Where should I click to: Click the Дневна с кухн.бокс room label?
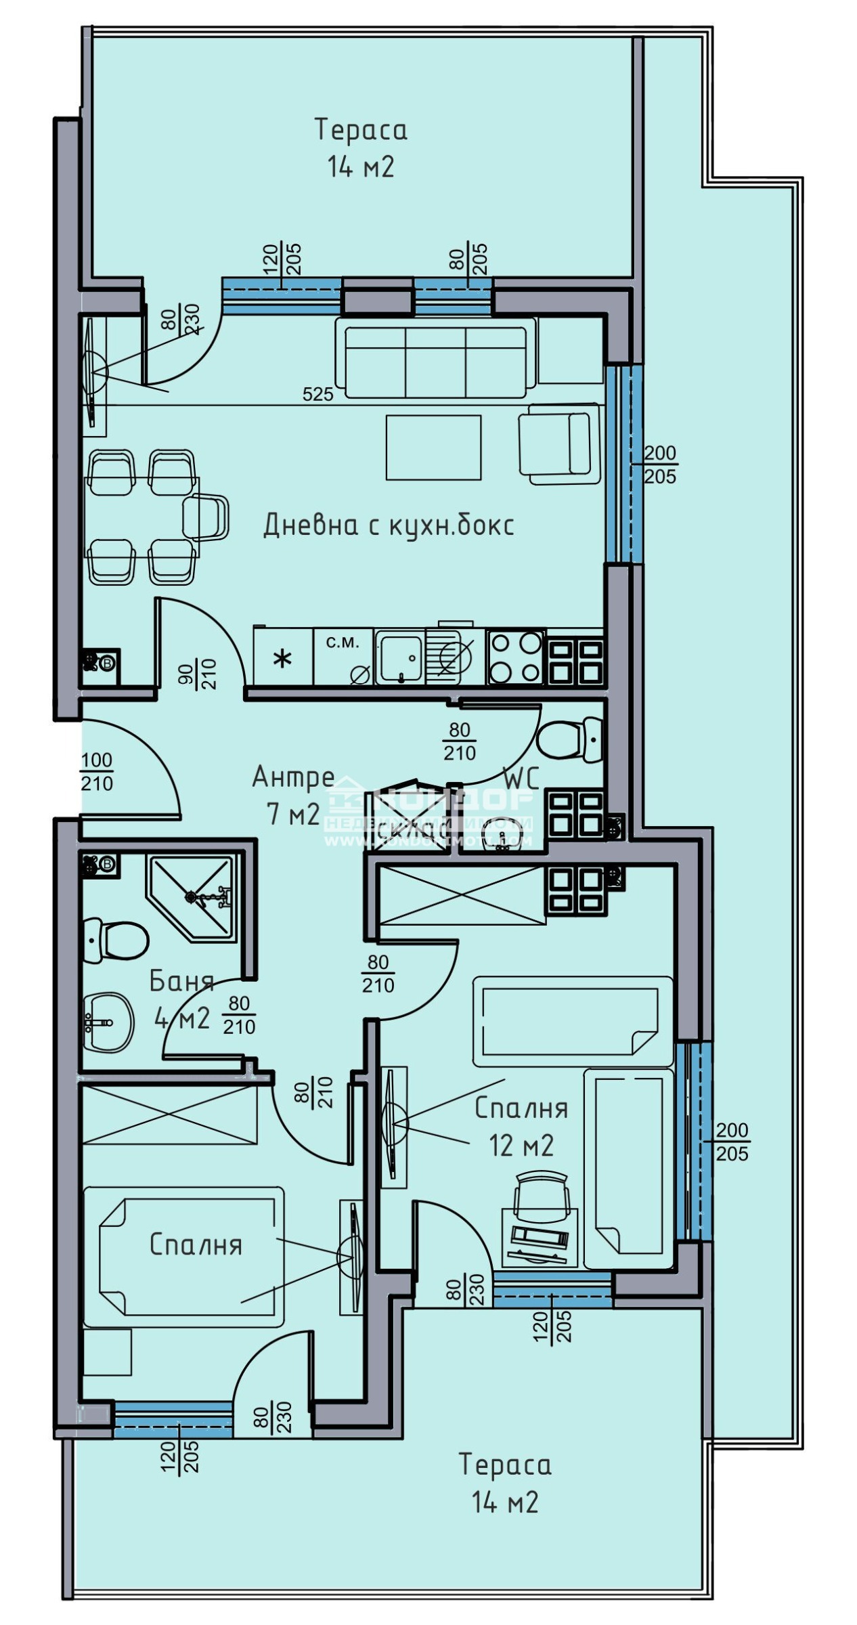click(388, 525)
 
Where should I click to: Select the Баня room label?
click(181, 981)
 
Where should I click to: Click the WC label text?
click(521, 779)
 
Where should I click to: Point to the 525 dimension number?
click(318, 394)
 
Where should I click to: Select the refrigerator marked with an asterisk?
click(283, 657)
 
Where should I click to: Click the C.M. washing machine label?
click(343, 643)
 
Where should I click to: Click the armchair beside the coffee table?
click(558, 443)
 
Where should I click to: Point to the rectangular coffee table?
click(433, 447)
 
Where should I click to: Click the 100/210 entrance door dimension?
click(97, 772)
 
